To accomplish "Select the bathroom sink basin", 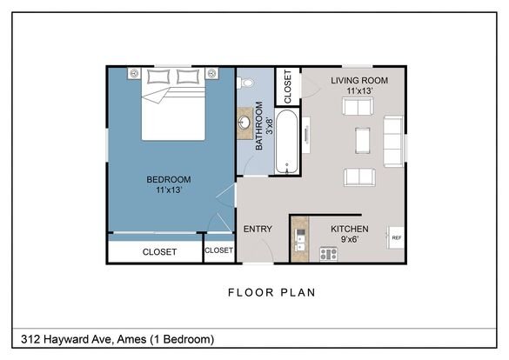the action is point(244,123).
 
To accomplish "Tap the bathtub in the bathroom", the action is point(286,142).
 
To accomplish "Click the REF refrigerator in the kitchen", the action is point(396,237).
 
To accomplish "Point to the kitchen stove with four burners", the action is point(329,254).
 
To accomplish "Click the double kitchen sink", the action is point(300,240).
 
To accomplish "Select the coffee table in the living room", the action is point(362,140).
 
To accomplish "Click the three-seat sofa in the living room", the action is point(393,142).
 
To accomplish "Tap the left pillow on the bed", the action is point(158,77).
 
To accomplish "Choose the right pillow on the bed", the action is point(188,77).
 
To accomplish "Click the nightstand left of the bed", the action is point(134,73).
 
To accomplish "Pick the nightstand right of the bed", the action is point(211,73).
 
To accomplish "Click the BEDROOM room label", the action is point(169,179).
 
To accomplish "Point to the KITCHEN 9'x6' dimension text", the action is point(349,239).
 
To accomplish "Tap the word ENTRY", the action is point(258,229).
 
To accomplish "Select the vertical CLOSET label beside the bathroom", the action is point(288,87).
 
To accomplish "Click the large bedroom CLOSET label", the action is point(159,251).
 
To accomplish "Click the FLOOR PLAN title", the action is point(271,292).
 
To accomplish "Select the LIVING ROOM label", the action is point(359,80).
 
